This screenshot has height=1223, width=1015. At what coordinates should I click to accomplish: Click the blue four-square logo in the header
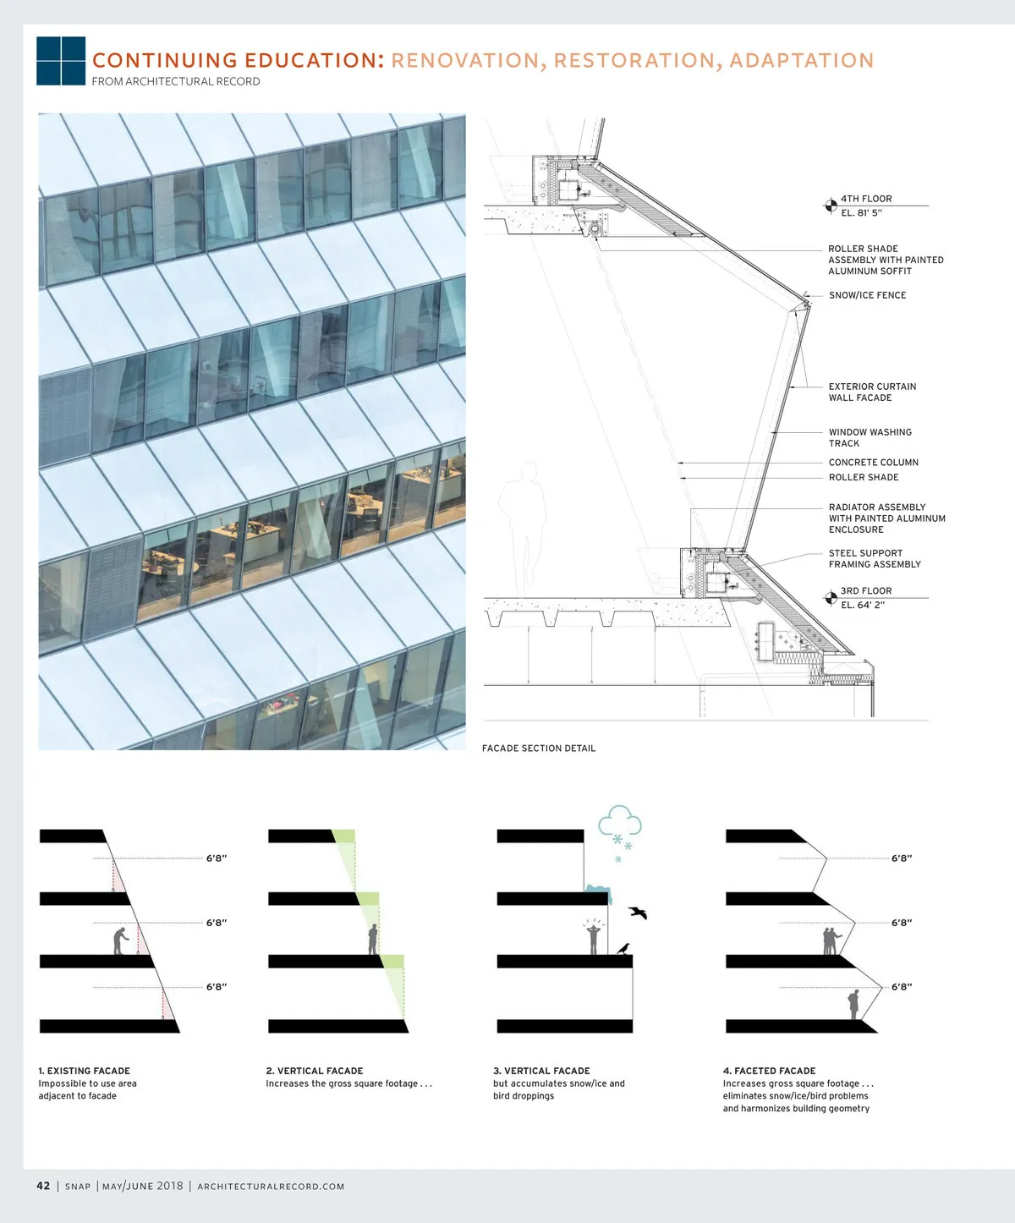[x=61, y=61]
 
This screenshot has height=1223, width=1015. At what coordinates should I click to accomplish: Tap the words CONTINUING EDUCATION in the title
[x=239, y=60]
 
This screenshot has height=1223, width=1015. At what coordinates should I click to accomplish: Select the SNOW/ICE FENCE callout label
[x=868, y=295]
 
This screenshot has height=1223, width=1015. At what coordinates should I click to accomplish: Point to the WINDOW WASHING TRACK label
[x=870, y=437]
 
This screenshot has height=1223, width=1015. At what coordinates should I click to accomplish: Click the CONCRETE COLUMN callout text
[x=873, y=462]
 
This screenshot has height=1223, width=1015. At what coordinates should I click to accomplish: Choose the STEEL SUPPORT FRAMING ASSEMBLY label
[x=875, y=559]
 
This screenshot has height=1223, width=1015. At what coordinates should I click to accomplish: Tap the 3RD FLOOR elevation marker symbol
[x=831, y=598]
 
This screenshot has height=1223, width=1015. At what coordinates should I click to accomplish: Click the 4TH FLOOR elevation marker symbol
[x=831, y=206]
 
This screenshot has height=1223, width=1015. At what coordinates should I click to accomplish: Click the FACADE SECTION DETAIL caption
[x=538, y=748]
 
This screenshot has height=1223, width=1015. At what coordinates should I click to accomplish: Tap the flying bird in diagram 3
[x=638, y=913]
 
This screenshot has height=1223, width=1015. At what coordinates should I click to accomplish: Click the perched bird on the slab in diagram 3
[x=623, y=948]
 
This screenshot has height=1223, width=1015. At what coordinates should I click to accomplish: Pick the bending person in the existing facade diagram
[x=120, y=941]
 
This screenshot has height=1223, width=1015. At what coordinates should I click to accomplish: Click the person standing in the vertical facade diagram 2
[x=372, y=939]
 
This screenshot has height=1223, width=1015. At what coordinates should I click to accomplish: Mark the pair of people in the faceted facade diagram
[x=831, y=941]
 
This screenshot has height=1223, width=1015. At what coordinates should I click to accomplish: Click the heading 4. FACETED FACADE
[x=769, y=1071]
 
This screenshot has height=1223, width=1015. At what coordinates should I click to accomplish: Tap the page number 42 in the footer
[x=43, y=1186]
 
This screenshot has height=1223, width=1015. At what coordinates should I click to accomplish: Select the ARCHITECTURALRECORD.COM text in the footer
[x=271, y=1186]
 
